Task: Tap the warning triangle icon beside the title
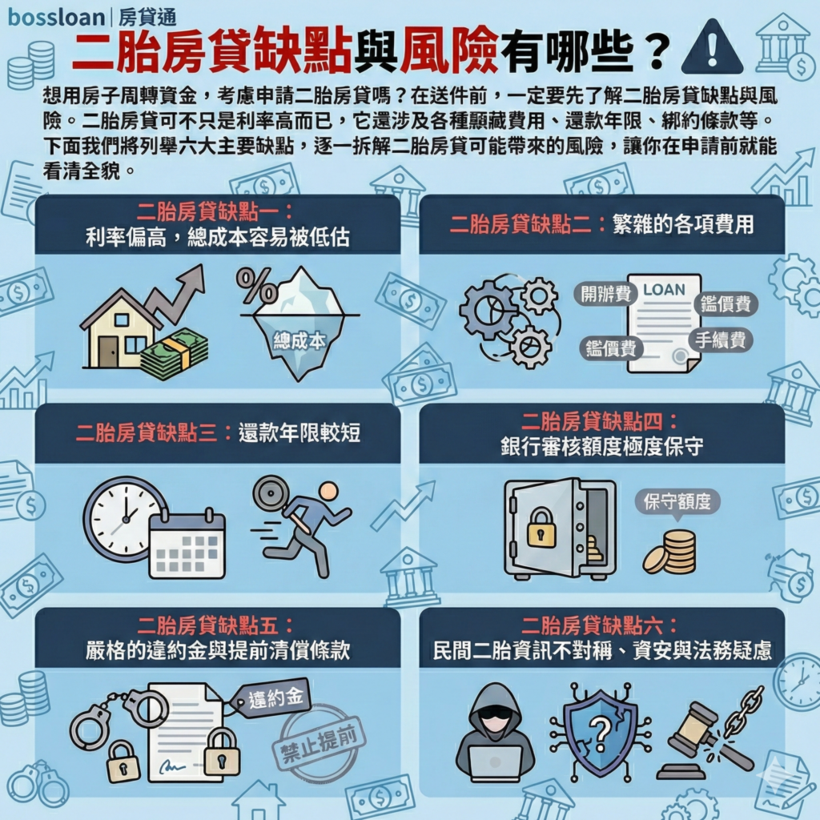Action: [710, 48]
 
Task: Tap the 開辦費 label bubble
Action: [605, 292]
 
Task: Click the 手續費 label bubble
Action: [721, 340]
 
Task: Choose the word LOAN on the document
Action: [665, 289]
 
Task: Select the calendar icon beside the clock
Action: [187, 542]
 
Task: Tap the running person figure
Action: [308, 525]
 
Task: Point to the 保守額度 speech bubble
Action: [677, 502]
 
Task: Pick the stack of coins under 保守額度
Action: [673, 552]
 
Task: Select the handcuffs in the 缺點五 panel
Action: [116, 712]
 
